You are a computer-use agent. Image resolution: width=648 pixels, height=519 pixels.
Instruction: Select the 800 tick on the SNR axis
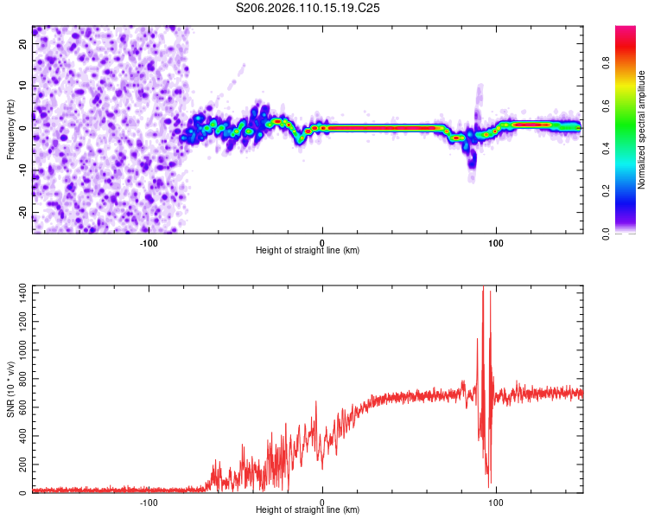pos(19,380)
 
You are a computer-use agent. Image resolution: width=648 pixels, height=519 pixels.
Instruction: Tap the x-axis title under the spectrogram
pos(308,250)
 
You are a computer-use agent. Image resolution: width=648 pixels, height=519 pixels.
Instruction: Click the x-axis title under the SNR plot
pos(308,509)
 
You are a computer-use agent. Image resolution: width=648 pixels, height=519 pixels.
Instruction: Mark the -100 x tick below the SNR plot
pos(148,502)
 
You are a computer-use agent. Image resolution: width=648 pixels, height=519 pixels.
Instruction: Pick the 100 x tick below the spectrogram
pos(496,242)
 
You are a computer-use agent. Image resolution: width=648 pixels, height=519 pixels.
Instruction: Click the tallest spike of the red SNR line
pos(483,289)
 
